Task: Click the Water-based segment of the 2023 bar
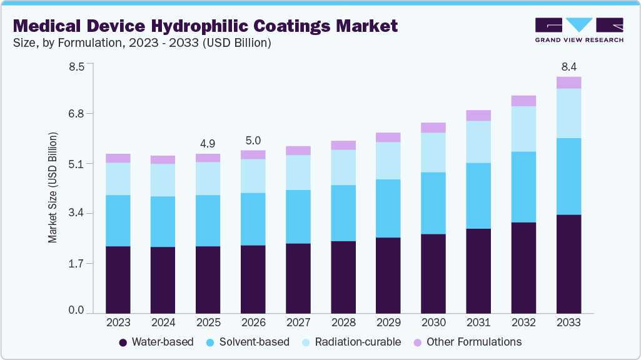coord(118,279)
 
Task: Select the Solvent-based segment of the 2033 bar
coord(568,176)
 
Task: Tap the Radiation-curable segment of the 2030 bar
coord(433,152)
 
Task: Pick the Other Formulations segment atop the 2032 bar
coord(523,101)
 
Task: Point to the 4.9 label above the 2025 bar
coord(208,144)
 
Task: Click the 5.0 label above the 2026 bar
coord(253,141)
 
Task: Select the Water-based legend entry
coord(156,342)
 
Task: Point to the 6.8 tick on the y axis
coord(76,114)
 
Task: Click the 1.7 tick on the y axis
coord(76,264)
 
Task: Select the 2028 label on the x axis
coord(343,322)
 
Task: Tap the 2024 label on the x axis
coord(163,322)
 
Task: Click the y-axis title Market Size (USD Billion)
coord(53,187)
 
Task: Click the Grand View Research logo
coord(579,30)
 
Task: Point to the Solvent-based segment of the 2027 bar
coord(298,216)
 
